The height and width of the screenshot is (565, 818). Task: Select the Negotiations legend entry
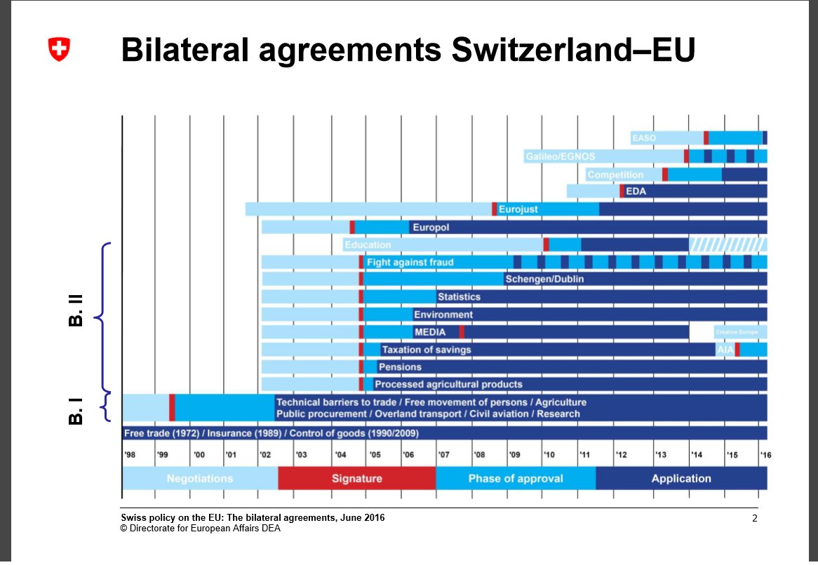pyautogui.click(x=199, y=479)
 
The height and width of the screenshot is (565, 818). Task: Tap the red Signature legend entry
pyautogui.click(x=356, y=479)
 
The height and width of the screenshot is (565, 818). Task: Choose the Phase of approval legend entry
pyautogui.click(x=515, y=479)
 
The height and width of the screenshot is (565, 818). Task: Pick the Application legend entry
pyautogui.click(x=680, y=479)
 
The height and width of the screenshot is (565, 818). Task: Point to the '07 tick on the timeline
pyautogui.click(x=443, y=455)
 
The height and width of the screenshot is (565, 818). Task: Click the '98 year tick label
pyautogui.click(x=130, y=455)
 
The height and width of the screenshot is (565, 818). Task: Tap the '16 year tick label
pyautogui.click(x=765, y=455)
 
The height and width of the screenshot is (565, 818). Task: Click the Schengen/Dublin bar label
pyautogui.click(x=544, y=279)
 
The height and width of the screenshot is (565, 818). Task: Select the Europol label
pyautogui.click(x=431, y=227)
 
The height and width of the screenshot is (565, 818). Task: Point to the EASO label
pyautogui.click(x=643, y=138)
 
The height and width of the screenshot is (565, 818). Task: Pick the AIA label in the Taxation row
pyautogui.click(x=724, y=349)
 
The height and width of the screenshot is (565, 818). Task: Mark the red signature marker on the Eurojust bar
pyautogui.click(x=494, y=209)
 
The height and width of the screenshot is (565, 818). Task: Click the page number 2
pyautogui.click(x=755, y=519)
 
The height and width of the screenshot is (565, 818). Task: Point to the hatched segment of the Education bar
pyautogui.click(x=728, y=245)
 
